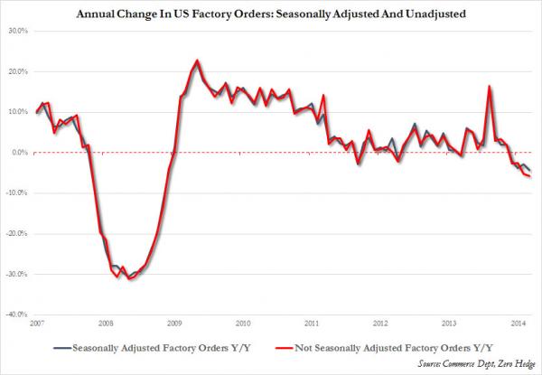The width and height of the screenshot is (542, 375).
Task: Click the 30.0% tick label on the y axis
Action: (18, 31)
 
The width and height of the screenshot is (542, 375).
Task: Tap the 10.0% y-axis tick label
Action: (18, 112)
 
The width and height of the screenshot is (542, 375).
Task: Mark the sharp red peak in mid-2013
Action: (489, 87)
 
